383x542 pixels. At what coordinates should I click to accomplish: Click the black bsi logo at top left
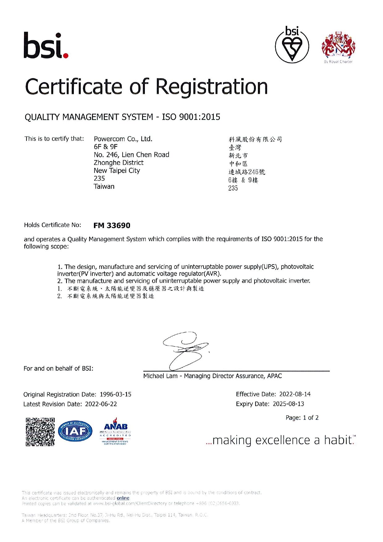click(46, 45)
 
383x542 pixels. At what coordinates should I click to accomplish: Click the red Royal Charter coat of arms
click(338, 46)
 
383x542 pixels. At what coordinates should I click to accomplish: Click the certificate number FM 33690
click(112, 225)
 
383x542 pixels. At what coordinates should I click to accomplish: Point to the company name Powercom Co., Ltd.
click(123, 139)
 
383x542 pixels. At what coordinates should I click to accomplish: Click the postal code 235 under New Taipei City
click(99, 179)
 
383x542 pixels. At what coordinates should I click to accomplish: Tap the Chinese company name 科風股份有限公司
click(255, 139)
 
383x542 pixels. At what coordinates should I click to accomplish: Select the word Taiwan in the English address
click(104, 187)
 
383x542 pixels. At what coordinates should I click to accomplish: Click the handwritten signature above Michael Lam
click(185, 351)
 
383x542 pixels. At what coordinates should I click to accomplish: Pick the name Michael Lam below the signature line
click(160, 376)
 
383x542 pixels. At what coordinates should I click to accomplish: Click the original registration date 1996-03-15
click(116, 394)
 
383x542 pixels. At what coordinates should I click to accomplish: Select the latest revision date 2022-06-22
click(101, 404)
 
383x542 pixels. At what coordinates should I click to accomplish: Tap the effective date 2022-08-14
click(295, 394)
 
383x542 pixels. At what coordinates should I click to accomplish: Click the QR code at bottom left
click(40, 432)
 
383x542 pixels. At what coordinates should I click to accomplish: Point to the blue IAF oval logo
click(75, 431)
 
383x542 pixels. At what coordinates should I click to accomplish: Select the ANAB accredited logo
click(116, 431)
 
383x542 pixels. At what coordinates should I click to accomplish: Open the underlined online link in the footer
click(123, 498)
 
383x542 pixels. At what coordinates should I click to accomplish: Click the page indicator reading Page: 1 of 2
click(302, 418)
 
